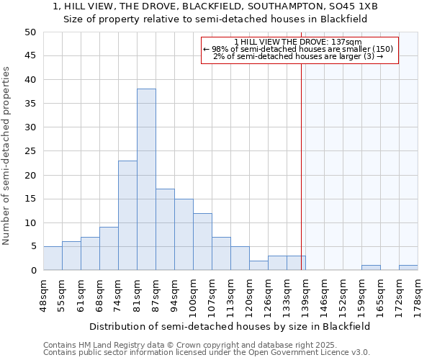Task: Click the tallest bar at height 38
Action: pos(146,179)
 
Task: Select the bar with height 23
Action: pos(127,215)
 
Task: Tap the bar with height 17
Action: pos(165,230)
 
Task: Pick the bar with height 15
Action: pos(184,234)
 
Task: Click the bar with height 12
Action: pos(202,241)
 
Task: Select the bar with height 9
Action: pos(109,248)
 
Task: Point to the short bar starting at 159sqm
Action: pos(371,268)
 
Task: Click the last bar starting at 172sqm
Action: pos(408,268)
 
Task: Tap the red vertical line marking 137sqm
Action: pos(301,180)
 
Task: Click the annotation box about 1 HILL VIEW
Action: pos(300,50)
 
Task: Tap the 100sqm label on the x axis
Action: pos(193,294)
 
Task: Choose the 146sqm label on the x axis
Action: pos(324,294)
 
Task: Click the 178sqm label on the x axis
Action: pos(418,294)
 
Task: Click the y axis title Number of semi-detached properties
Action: pos(7,156)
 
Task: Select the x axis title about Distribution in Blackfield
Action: pos(230,326)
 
